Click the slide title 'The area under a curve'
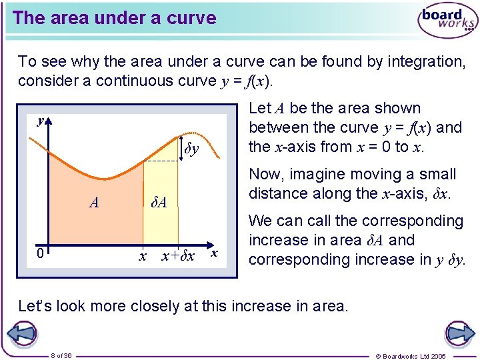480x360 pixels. pos(114,18)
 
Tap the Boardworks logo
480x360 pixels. pos(447,21)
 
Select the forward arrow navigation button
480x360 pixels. pos(459,334)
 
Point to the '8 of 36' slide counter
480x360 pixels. pos(62,355)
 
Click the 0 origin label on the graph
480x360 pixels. pos(41,253)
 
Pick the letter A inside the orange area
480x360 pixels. pos(94,203)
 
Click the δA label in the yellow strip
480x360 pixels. pos(158,202)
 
